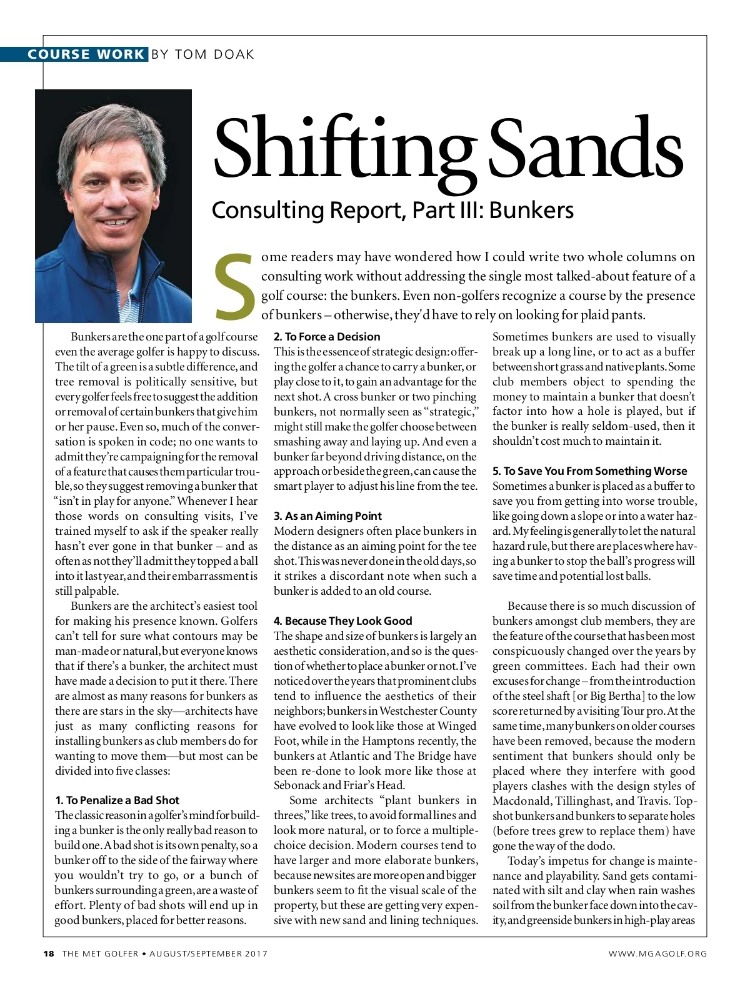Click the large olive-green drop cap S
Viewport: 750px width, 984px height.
(235, 285)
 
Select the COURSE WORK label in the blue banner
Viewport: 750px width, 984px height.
(86, 54)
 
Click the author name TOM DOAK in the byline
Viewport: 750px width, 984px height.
(214, 54)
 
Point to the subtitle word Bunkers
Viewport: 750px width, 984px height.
(531, 210)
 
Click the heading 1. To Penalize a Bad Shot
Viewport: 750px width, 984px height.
(117, 800)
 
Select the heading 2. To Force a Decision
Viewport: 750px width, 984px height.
(327, 336)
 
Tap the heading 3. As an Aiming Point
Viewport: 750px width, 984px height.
(327, 516)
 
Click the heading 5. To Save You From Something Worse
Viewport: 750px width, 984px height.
(589, 471)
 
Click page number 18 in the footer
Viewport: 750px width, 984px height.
(49, 953)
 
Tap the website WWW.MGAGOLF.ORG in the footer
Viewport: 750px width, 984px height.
(658, 953)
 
